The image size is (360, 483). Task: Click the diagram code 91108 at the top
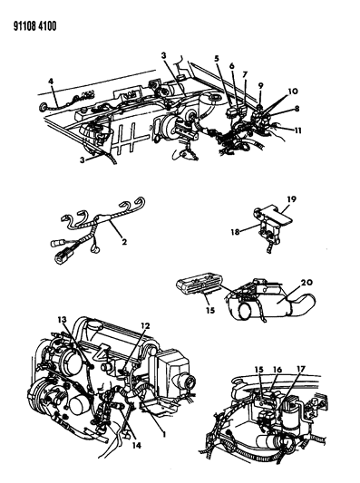pos(24,26)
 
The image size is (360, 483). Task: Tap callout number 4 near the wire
pos(51,82)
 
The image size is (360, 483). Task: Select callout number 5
pos(217,58)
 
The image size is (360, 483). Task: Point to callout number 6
pos(232,65)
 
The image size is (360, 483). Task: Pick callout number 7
pos(245,74)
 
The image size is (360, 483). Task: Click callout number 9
pos(261,85)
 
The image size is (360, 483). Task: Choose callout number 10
pos(293,92)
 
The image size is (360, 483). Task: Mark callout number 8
pos(297,109)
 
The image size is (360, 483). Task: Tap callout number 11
pos(297,130)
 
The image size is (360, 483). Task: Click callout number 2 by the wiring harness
pos(124,242)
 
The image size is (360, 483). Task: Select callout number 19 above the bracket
pos(291,199)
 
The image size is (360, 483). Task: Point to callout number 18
pos(235,232)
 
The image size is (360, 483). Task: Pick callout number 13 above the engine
pos(62,320)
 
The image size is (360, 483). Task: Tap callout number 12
pos(145,325)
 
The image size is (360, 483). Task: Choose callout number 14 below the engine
pos(137,446)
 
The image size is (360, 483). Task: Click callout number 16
pos(277,370)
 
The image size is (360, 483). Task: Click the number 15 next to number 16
pos(259,370)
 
